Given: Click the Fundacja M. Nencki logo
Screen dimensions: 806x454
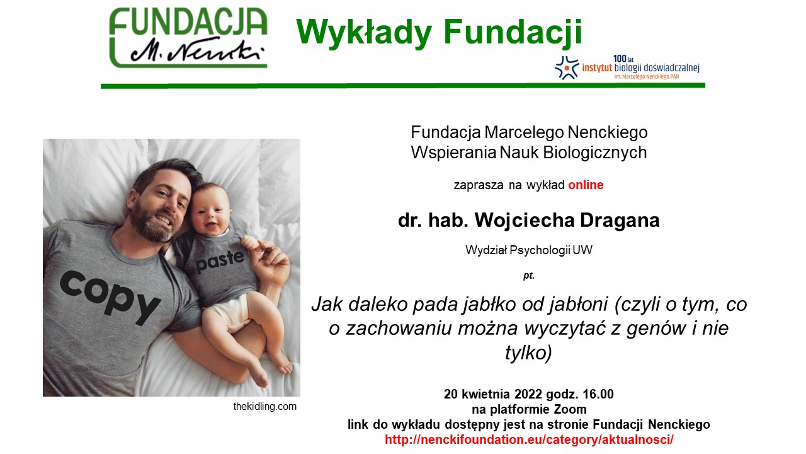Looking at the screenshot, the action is pos(188,38).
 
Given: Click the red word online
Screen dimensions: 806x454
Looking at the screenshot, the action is pos(586,185).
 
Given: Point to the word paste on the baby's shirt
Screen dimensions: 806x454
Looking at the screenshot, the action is pos(220,260).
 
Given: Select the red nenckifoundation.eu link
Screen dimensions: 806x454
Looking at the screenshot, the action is pos(529,439).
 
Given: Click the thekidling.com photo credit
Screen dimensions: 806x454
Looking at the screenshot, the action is pos(265,407).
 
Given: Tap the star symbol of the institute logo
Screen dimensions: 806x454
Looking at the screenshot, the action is pos(567,67).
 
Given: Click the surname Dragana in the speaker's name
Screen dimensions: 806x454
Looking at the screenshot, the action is pos(620,220).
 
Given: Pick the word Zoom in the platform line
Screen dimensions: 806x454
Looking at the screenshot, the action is pos(570,409).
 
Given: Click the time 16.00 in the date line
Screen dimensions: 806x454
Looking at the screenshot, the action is pos(598,394).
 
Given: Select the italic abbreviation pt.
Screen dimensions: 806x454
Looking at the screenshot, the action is pos(529,276).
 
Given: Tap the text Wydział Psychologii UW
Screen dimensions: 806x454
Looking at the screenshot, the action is pos(529,250).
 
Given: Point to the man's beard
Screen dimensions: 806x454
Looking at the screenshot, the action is pos(149,221).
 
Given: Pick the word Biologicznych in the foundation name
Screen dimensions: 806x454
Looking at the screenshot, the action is pos(595,153).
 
